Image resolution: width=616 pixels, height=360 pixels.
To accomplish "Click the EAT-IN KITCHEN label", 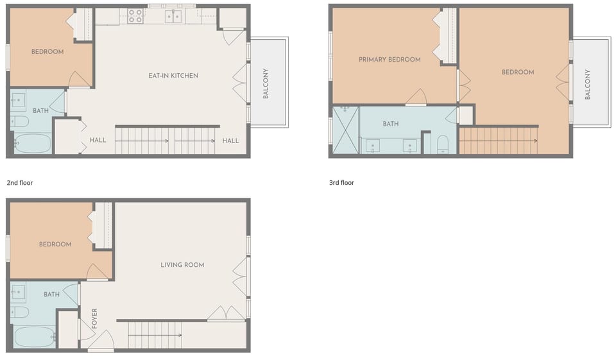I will tap(173, 76).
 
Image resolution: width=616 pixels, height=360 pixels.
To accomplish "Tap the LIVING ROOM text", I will tap(182, 265).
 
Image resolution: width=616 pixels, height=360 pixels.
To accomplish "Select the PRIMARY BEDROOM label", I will tap(389, 60).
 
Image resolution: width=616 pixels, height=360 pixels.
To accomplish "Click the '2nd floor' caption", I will tap(19, 183).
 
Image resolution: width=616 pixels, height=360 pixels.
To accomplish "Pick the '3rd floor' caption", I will tap(341, 183).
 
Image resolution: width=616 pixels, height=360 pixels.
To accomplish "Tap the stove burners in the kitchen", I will tap(135, 16).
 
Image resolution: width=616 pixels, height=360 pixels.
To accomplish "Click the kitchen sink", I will tap(173, 16).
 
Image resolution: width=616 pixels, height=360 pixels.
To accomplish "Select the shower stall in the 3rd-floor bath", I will tap(345, 130).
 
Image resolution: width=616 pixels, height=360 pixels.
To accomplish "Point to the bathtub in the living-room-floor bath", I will tap(32, 336).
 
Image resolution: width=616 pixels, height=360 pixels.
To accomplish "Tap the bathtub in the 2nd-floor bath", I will tap(32, 143).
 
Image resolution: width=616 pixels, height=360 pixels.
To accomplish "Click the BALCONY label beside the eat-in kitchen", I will tap(266, 83).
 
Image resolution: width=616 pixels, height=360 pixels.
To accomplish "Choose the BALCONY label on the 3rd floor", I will tap(587, 84).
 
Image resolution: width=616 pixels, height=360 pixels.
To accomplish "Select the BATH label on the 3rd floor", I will tap(390, 124).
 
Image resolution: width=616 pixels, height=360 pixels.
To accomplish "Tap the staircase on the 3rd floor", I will tap(498, 141).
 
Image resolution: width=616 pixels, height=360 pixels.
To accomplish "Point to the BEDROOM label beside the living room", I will tap(55, 244).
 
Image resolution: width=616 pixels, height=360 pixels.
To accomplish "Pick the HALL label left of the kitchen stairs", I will tap(98, 141).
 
